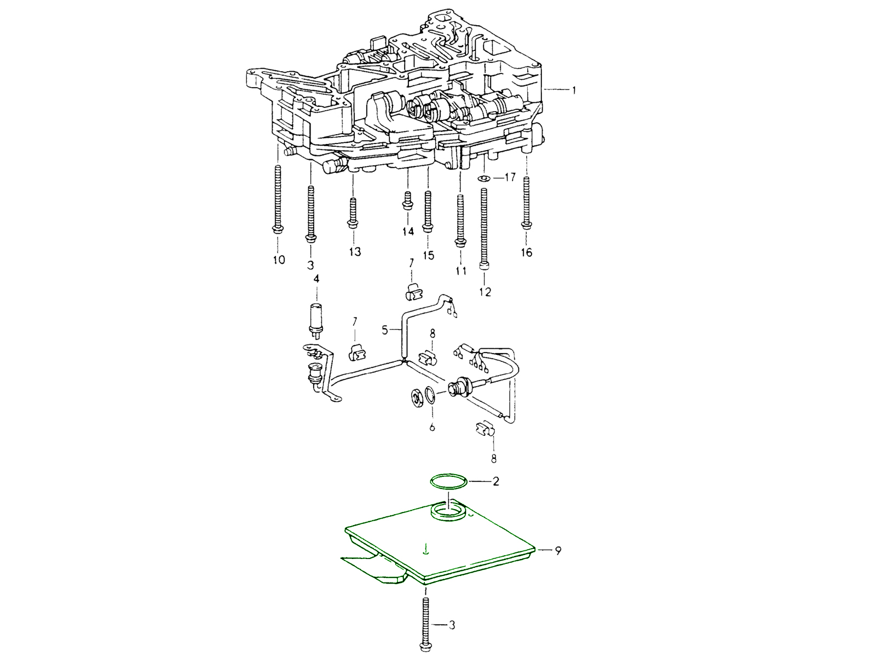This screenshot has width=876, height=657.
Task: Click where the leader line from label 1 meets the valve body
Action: click(x=543, y=90)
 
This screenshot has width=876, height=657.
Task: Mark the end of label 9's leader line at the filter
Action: click(x=537, y=550)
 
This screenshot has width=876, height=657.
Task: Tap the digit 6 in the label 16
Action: click(x=529, y=252)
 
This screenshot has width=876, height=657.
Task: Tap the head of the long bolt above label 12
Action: click(x=485, y=266)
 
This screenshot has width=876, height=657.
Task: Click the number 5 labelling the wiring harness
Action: click(x=385, y=330)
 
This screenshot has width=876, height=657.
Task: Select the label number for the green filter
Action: click(x=557, y=550)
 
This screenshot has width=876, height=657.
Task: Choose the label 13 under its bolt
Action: click(x=354, y=252)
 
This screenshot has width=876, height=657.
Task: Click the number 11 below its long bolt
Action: click(x=461, y=271)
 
